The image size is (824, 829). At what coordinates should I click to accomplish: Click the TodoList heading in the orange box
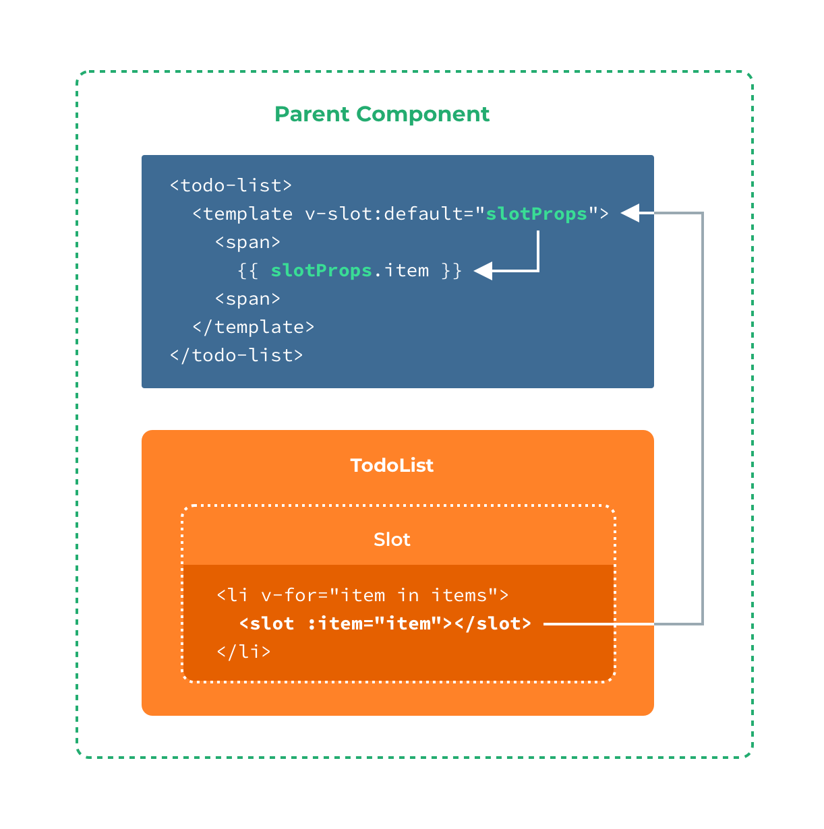click(392, 466)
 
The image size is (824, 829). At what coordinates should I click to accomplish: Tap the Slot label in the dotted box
click(392, 540)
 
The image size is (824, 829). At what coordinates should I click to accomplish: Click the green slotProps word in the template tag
click(537, 214)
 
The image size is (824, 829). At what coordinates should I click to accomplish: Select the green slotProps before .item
click(322, 271)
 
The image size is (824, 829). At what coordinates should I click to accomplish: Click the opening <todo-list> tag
click(231, 185)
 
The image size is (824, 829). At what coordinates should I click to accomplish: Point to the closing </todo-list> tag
click(236, 355)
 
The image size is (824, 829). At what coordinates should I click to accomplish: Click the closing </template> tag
click(253, 327)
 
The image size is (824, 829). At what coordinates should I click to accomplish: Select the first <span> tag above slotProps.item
click(247, 242)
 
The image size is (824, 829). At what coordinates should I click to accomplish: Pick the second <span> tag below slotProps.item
click(247, 299)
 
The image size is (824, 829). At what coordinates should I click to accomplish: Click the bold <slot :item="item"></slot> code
click(385, 624)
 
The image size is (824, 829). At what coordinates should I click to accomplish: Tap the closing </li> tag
click(243, 652)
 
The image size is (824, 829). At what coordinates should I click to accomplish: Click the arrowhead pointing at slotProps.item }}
click(483, 271)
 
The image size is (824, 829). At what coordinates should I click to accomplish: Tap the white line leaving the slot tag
click(597, 624)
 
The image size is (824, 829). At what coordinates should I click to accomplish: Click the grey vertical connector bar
click(726, 418)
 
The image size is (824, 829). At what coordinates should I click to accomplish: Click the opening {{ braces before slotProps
click(247, 271)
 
